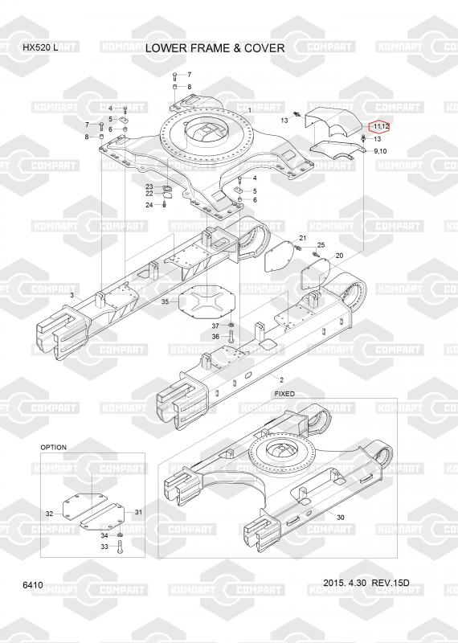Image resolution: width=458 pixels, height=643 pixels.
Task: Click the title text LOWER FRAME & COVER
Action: click(x=215, y=48)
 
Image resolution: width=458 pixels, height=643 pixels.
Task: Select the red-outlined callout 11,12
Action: click(x=381, y=126)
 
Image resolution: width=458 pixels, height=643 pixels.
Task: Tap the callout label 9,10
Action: click(x=380, y=151)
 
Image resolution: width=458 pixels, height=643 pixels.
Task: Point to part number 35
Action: click(x=165, y=302)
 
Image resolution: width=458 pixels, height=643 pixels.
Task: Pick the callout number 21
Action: click(x=303, y=238)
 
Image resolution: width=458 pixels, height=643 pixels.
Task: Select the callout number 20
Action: click(x=339, y=256)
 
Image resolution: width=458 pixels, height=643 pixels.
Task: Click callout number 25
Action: click(x=321, y=245)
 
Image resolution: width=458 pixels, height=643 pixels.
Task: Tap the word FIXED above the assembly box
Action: click(x=284, y=394)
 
